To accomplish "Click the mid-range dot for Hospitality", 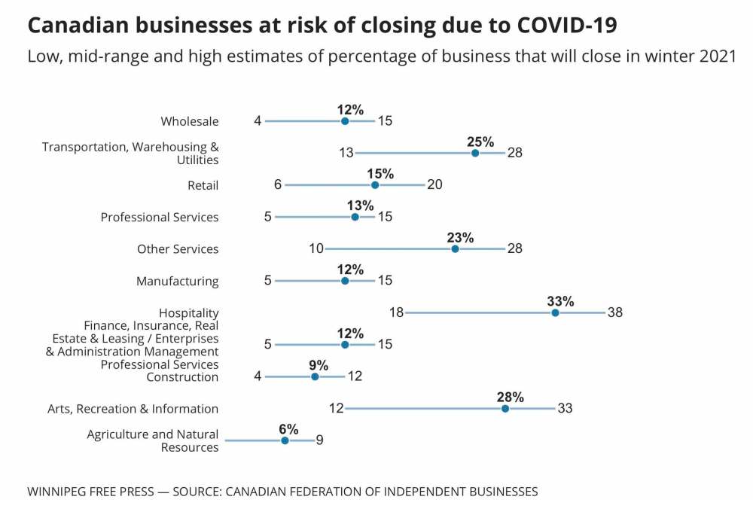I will (x=555, y=312).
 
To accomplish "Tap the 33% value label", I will (x=560, y=301).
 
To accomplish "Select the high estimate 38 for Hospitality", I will (x=615, y=312).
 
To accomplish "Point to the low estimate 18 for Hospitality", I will (x=396, y=312).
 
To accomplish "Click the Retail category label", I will (x=203, y=185).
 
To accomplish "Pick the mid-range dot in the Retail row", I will (x=375, y=185).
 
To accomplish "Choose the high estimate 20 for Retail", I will (x=434, y=185).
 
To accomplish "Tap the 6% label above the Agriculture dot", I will (x=289, y=429).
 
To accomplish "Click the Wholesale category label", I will (x=190, y=121).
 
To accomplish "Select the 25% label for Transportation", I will (x=480, y=142).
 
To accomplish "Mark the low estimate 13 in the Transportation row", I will (x=346, y=153).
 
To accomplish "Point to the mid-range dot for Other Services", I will (x=455, y=248).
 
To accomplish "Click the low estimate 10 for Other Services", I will (x=316, y=248).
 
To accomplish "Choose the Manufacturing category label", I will (x=177, y=282).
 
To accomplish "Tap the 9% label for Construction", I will (x=319, y=365).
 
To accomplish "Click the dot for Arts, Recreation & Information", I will (x=505, y=408).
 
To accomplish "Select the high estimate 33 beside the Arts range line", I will (x=566, y=408).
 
